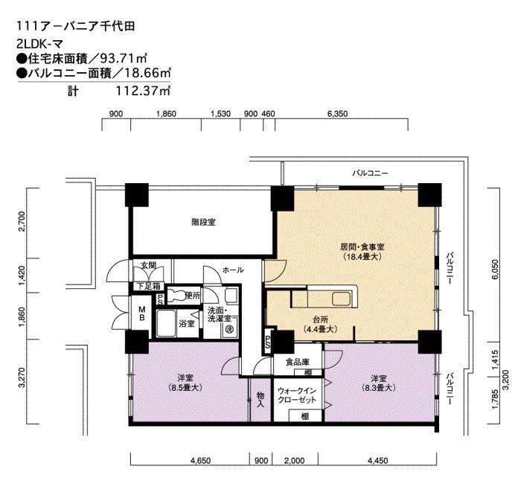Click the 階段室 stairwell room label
(203, 222)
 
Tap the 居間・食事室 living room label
(362, 247)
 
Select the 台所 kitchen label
(321, 319)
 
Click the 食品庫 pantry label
(298, 362)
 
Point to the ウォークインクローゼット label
(297, 395)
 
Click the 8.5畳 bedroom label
(185, 383)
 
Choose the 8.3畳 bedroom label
(379, 383)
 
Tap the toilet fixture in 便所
(176, 295)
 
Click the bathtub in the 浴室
(166, 323)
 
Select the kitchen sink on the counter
(342, 298)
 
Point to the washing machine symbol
(230, 329)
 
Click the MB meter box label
(142, 313)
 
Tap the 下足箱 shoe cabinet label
(149, 286)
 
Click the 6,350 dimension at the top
(337, 114)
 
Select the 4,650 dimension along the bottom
(200, 461)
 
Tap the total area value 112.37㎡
(143, 91)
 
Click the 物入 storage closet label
(260, 400)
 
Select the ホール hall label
(233, 270)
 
